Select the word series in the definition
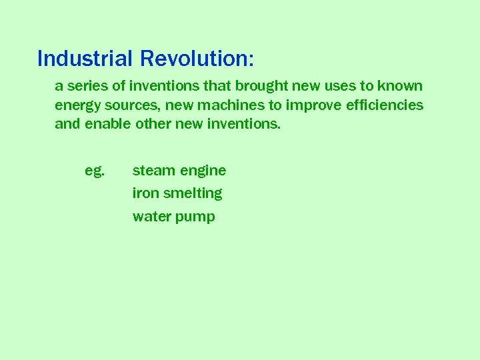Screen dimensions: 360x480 [85, 86]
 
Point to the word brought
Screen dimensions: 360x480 [263, 86]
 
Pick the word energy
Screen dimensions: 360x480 [75, 106]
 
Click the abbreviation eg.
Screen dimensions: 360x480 [95, 171]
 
